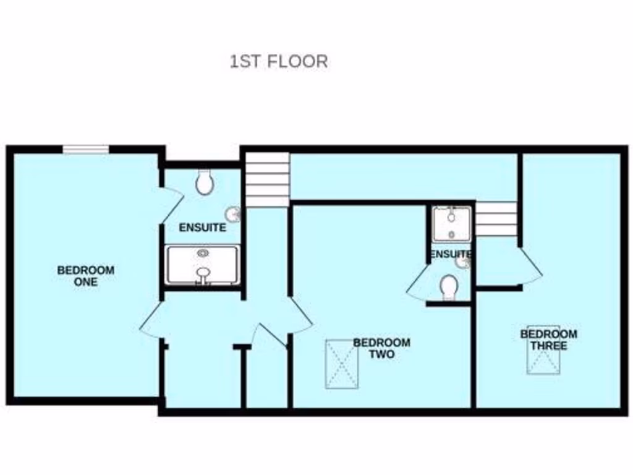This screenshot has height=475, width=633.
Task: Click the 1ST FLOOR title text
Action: [278, 62]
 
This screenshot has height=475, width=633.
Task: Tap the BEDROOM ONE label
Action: [86, 276]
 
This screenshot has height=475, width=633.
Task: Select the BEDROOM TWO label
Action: [381, 348]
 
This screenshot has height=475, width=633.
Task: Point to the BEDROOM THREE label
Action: [548, 340]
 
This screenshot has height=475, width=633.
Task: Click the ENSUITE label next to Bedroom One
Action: [202, 228]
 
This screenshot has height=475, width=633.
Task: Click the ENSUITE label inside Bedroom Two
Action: [451, 254]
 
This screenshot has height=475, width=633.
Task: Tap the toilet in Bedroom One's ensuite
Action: [203, 182]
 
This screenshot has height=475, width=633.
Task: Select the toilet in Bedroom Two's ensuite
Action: [449, 288]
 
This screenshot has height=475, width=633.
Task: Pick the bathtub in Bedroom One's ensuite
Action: [202, 265]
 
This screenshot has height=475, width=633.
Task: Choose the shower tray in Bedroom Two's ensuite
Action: [452, 224]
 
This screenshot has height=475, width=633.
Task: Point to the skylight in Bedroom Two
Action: [341, 364]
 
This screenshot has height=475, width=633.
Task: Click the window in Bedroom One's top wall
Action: [86, 148]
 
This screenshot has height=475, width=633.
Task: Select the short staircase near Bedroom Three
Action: [496, 219]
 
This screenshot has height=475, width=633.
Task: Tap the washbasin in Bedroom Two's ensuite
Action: [463, 262]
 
